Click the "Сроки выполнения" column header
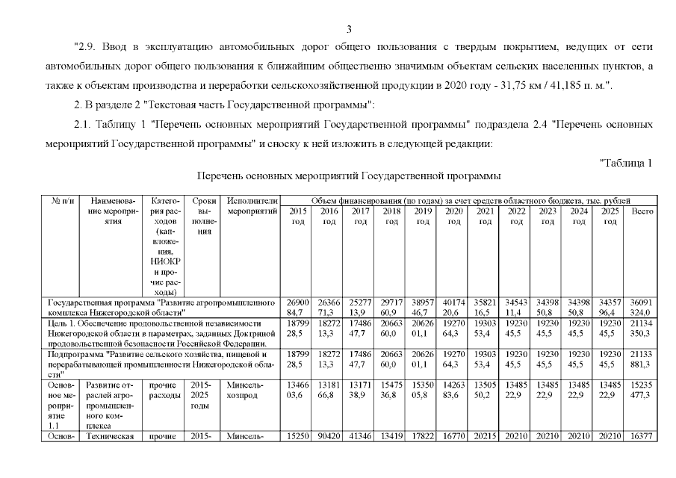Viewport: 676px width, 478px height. [204, 217]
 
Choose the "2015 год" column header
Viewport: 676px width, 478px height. [297, 217]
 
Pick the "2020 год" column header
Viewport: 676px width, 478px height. [453, 217]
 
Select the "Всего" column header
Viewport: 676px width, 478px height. [642, 211]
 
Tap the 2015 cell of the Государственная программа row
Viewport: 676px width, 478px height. [297, 306]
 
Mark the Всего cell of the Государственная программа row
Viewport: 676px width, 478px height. [642, 306]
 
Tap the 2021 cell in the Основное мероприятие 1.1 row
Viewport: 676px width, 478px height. [485, 389]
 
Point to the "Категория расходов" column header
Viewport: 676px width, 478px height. [162, 247]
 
